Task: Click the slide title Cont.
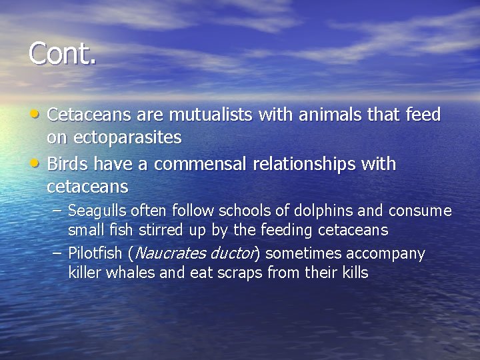[x=63, y=53]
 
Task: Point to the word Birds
[x=68, y=163]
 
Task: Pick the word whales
[x=123, y=272]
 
